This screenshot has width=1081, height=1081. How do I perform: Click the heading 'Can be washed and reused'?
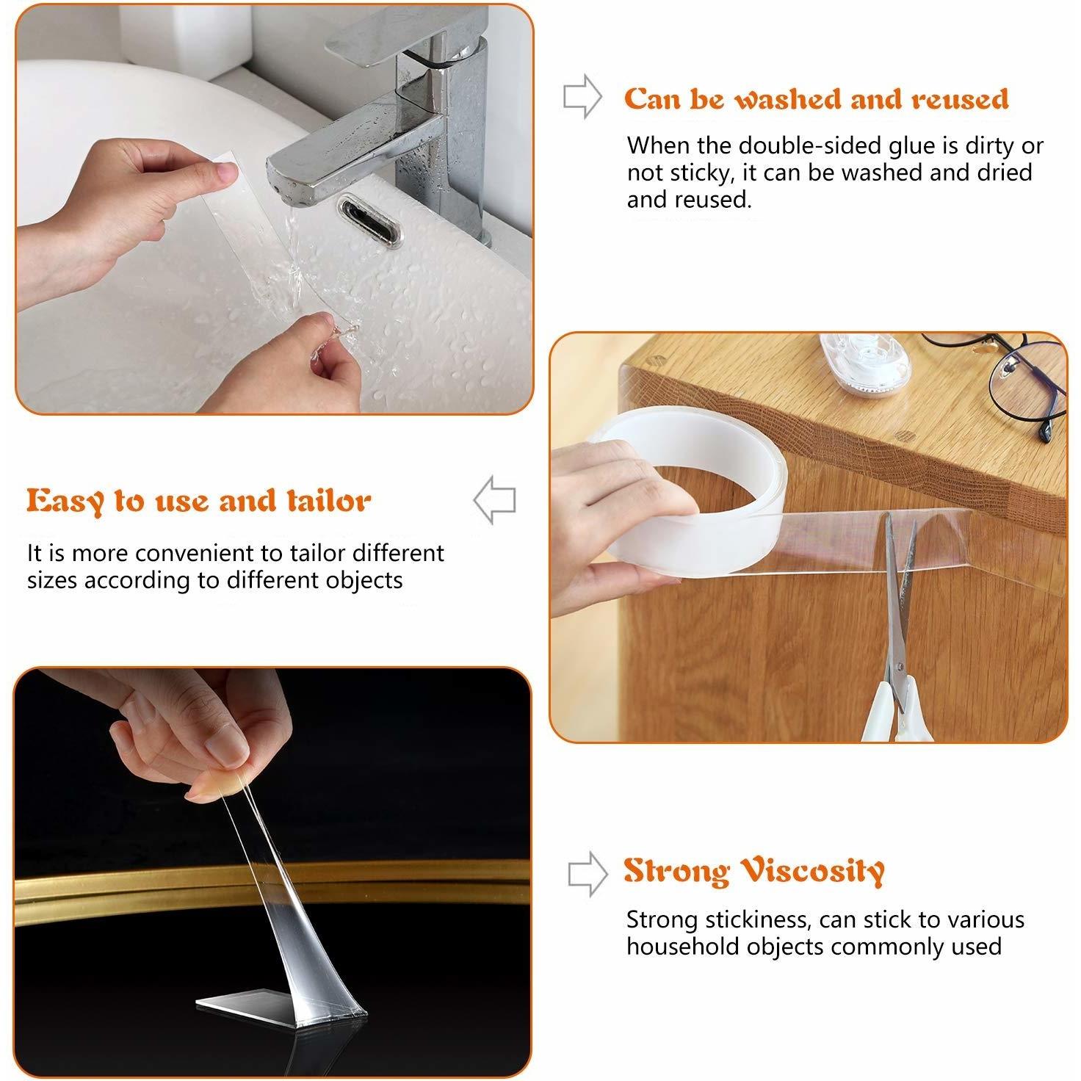816,99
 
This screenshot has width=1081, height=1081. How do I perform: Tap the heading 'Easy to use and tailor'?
198,502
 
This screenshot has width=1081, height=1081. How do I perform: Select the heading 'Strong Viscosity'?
753,871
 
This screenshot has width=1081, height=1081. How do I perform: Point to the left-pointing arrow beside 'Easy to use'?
494,500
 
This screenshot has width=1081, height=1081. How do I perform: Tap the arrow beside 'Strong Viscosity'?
587,873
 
